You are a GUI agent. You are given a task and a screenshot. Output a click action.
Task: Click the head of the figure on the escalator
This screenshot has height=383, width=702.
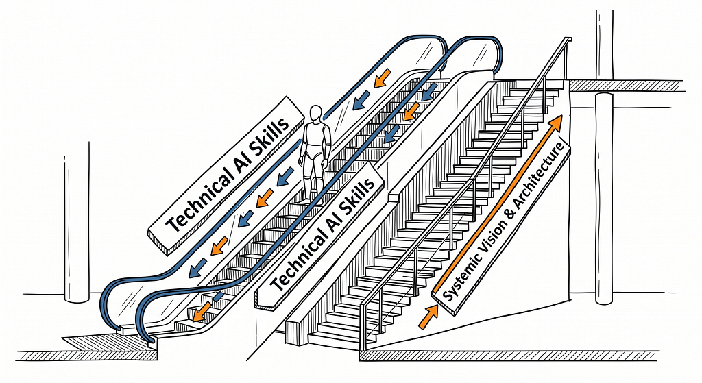pyautogui.click(x=316, y=113)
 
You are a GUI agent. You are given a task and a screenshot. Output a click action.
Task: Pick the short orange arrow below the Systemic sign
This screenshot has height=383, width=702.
pyautogui.click(x=428, y=317)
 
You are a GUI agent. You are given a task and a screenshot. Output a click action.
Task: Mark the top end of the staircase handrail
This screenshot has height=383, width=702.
pyautogui.click(x=569, y=39)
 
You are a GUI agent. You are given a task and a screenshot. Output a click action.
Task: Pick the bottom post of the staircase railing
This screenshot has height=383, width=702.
pyautogui.click(x=363, y=326)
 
